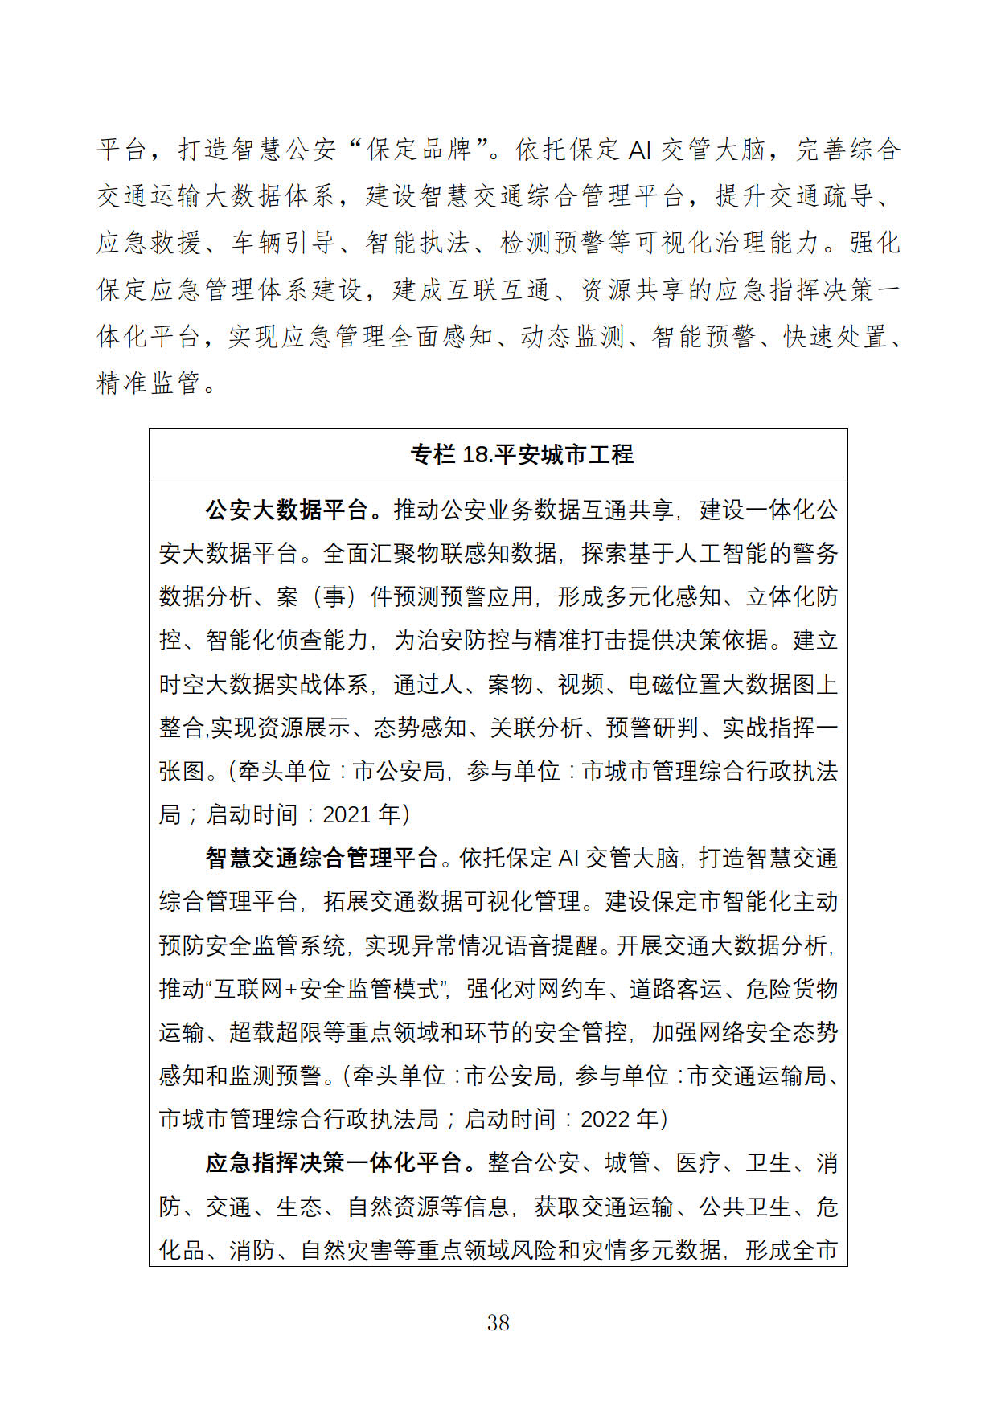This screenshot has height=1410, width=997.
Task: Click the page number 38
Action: (x=498, y=1322)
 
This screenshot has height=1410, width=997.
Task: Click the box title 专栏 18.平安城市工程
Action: (x=522, y=455)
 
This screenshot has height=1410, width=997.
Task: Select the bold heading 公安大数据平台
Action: (x=286, y=510)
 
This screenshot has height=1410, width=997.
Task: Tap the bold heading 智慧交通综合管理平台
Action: (x=322, y=858)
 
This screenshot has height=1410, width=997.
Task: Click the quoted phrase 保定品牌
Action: (x=419, y=150)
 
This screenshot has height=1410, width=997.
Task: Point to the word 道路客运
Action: (x=676, y=989)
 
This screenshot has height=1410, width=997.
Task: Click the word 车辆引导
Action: (x=284, y=243)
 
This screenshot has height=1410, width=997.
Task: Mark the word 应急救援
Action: (x=149, y=243)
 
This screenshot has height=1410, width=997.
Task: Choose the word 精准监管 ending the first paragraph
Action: (x=149, y=383)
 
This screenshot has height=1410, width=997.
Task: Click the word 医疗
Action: (x=698, y=1162)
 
